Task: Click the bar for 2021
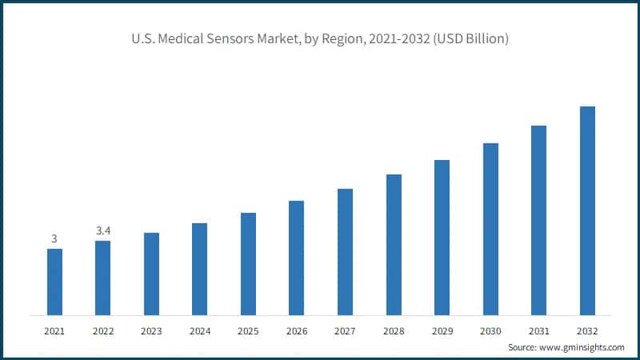(54, 282)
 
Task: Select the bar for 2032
(587, 210)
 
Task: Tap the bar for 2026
(297, 258)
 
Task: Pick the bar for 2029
(442, 237)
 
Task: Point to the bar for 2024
(200, 269)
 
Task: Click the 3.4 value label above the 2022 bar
(103, 230)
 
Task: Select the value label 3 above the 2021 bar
(54, 238)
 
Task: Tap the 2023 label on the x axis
(151, 330)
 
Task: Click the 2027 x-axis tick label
(345, 330)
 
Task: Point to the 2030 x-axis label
(490, 330)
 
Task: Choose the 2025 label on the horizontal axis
(248, 330)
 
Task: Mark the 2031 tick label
(538, 330)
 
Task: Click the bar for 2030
(490, 229)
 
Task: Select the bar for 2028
(394, 244)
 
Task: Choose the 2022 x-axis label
(103, 330)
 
